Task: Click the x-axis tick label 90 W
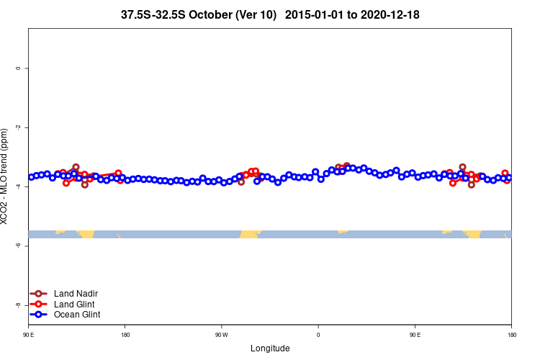pos(221,335)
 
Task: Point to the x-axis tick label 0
pos(318,335)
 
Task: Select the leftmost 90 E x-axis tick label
pos(28,335)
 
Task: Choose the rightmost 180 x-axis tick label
pos(511,335)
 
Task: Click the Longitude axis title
pos(270,348)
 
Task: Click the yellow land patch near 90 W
pos(250,234)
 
